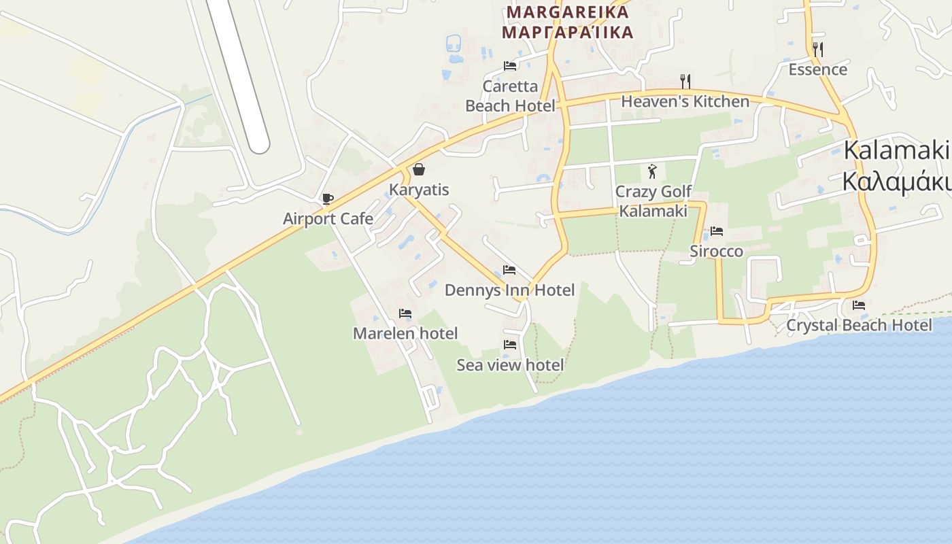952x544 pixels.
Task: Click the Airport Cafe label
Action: [328, 219]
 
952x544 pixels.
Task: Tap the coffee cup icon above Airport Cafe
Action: [328, 199]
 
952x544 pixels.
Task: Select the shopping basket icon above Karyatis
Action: [419, 169]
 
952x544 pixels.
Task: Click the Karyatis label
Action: [419, 189]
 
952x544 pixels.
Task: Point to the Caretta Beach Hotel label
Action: [510, 96]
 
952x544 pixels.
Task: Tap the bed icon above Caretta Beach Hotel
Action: [510, 66]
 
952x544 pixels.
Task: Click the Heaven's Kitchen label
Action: [685, 102]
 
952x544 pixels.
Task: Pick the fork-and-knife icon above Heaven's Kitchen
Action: [685, 82]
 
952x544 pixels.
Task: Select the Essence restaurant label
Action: [818, 69]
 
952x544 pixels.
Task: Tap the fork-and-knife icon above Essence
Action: [818, 49]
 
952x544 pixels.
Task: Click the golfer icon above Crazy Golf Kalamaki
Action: [653, 171]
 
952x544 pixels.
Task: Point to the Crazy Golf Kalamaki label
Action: [653, 201]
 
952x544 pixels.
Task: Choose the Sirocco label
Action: [717, 252]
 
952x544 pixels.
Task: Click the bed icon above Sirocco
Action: [717, 231]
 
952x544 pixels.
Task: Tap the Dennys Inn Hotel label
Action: [509, 290]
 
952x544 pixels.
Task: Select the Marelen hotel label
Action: [405, 333]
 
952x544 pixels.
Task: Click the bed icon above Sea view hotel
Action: [510, 345]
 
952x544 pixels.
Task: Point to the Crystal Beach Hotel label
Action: [859, 325]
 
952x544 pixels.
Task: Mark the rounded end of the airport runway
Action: [258, 145]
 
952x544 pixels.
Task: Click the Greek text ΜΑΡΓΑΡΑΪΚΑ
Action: [567, 32]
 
